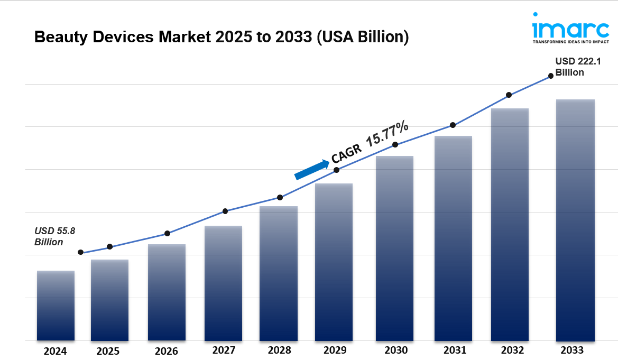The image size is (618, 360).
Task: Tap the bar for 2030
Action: point(394,248)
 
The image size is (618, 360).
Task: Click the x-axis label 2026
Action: point(167,351)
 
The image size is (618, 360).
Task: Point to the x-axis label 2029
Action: point(334,350)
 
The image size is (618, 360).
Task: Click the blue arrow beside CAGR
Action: point(311,170)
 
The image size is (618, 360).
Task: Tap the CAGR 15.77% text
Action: point(370,141)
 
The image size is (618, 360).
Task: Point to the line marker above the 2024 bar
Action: point(80,252)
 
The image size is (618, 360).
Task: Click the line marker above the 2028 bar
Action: point(280,198)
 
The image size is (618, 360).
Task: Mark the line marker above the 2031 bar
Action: point(453,125)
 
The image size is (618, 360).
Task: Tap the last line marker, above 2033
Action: point(550,76)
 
